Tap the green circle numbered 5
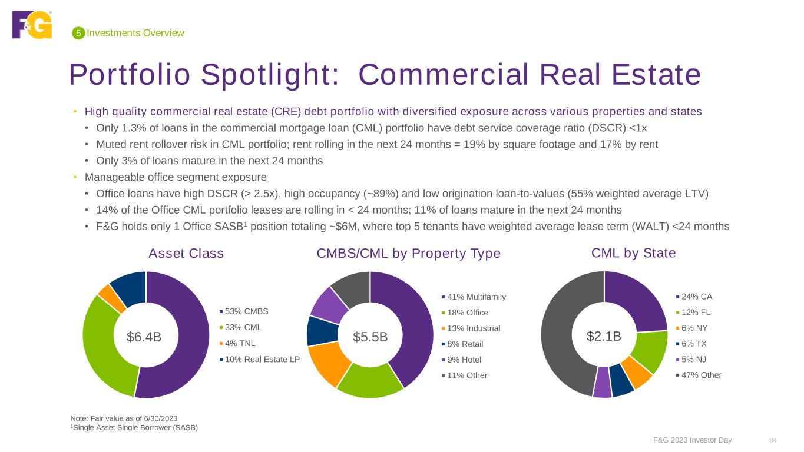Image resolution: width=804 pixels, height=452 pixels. (77, 34)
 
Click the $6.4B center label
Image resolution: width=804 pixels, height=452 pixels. (144, 336)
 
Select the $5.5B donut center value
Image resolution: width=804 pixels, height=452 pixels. (370, 337)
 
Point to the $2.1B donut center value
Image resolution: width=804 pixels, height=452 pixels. (604, 336)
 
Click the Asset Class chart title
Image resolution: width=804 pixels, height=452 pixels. (186, 253)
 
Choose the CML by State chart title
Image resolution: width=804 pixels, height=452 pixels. (633, 253)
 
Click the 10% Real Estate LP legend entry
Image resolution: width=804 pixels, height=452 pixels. (260, 359)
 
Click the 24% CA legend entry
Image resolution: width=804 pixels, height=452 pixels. (694, 297)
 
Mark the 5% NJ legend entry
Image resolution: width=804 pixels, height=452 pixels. (694, 360)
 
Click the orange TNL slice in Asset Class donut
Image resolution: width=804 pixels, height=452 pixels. (105, 291)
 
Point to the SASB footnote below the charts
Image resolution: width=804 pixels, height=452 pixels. (134, 428)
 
